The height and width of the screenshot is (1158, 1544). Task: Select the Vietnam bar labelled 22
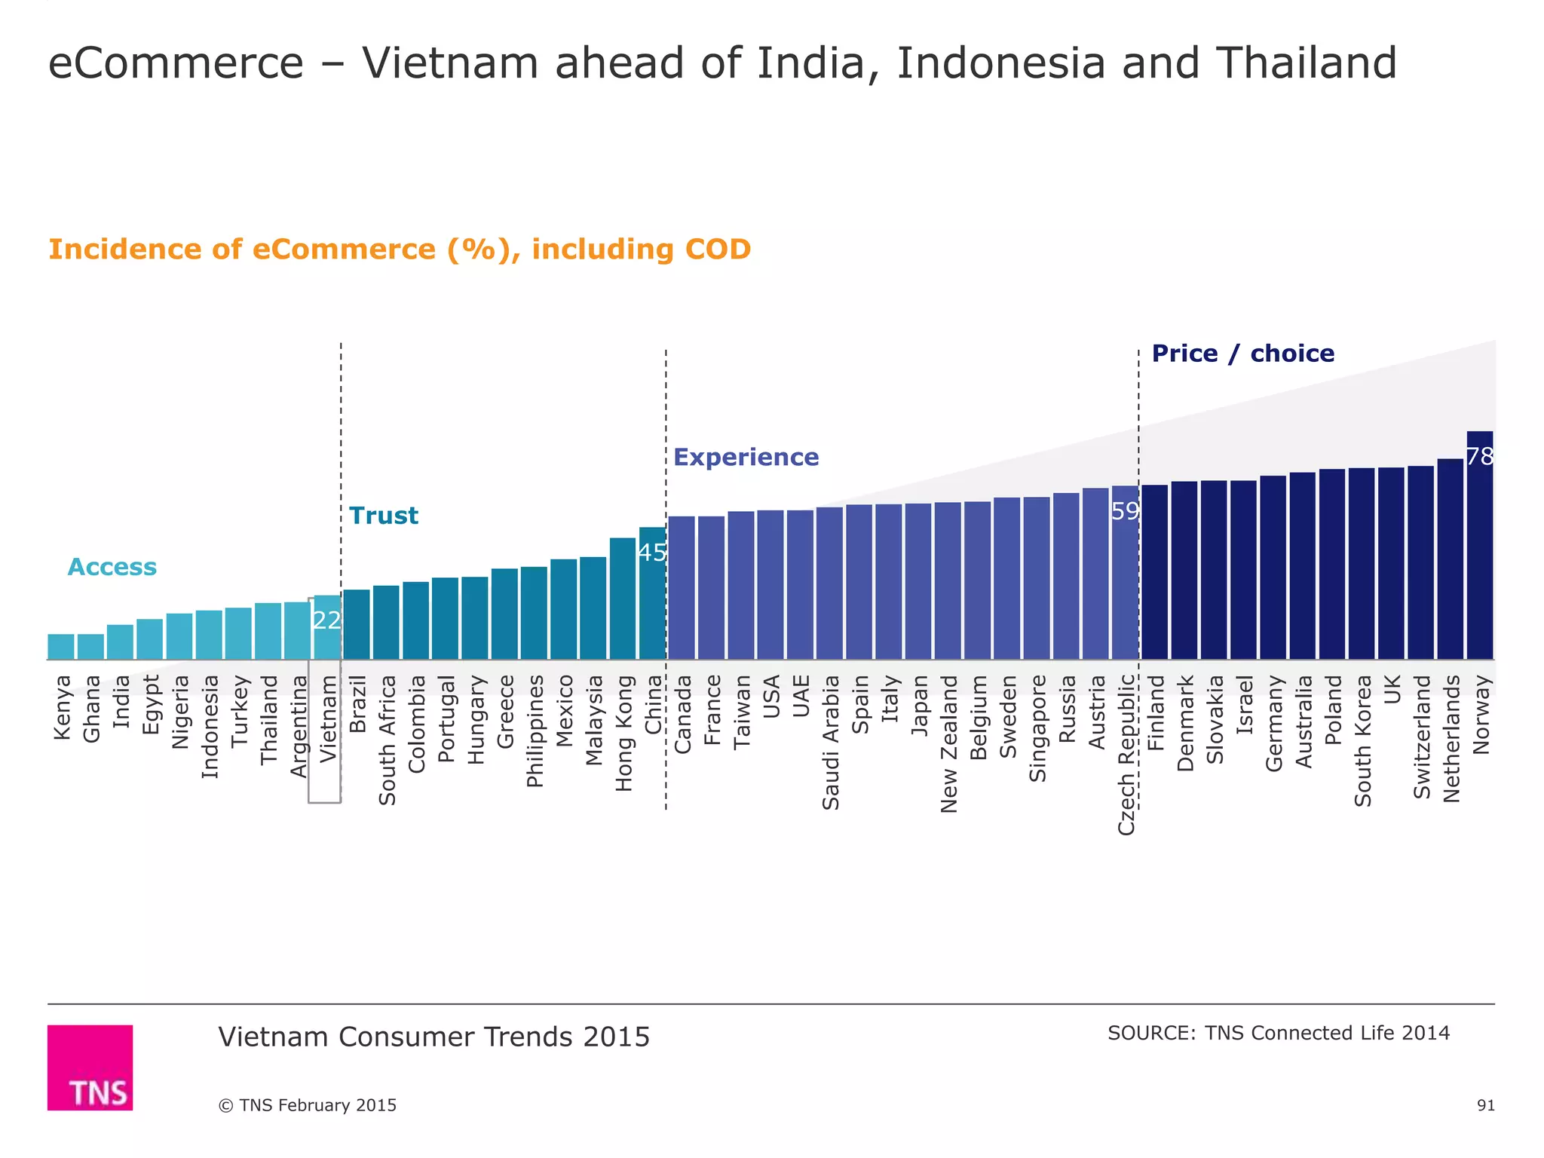(x=327, y=630)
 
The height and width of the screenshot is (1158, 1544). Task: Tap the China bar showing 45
(x=652, y=596)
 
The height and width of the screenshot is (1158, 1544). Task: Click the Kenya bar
(x=61, y=647)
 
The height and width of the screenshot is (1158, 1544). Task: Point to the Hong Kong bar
(x=623, y=599)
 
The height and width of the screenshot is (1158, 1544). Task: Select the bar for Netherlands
(x=1450, y=562)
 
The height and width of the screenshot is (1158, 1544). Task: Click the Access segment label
(x=112, y=567)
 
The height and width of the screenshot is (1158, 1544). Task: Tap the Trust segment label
(x=384, y=516)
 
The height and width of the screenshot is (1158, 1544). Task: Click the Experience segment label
(x=746, y=458)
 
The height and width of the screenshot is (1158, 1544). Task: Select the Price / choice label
(x=1242, y=354)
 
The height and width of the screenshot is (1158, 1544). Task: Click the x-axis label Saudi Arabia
(x=831, y=743)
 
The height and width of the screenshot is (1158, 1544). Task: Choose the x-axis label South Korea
(x=1363, y=741)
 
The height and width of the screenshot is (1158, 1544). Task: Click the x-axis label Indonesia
(x=210, y=726)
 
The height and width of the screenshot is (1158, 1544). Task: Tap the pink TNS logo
(x=90, y=1067)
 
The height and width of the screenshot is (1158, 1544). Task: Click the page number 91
(x=1485, y=1105)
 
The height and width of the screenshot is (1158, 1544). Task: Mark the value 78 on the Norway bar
(x=1480, y=456)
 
